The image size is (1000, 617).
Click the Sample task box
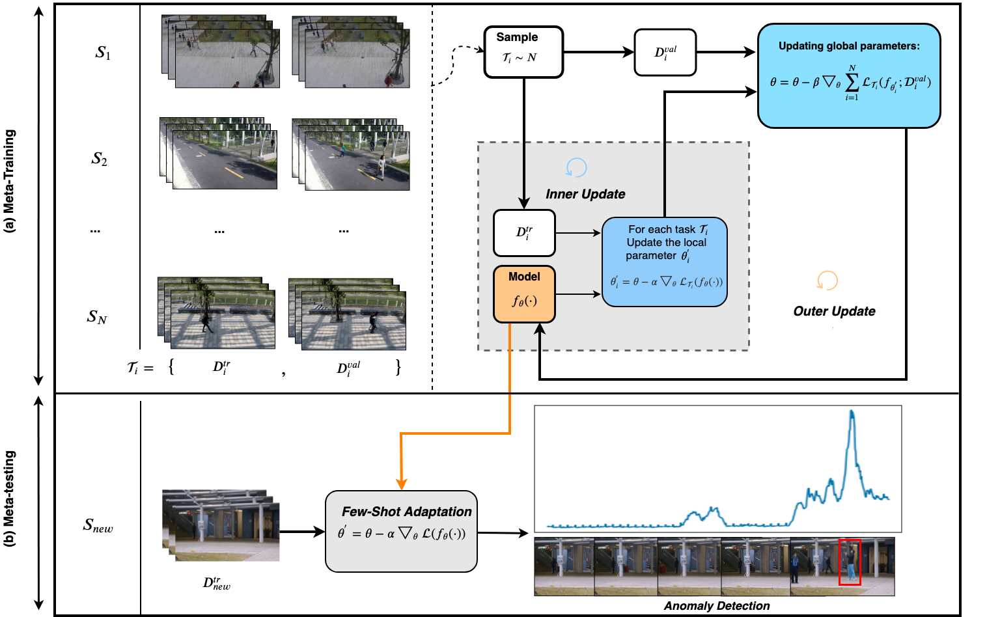pyautogui.click(x=523, y=52)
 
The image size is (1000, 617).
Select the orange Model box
pyautogui.click(x=524, y=294)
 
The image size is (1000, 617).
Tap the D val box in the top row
pyautogui.click(x=665, y=52)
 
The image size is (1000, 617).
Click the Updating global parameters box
pyautogui.click(x=848, y=75)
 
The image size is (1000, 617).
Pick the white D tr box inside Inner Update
pyautogui.click(x=524, y=233)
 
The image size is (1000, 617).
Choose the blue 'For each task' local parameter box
pyautogui.click(x=664, y=262)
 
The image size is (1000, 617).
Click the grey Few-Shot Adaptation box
pyautogui.click(x=401, y=531)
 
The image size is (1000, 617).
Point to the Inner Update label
pyautogui.click(x=585, y=194)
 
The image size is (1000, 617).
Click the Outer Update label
pyautogui.click(x=833, y=311)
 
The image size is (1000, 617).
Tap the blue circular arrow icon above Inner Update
pyautogui.click(x=576, y=168)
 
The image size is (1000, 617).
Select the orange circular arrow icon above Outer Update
pyautogui.click(x=827, y=281)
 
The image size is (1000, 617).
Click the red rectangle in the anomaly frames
pyautogui.click(x=850, y=562)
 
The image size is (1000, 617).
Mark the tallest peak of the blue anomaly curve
pyautogui.click(x=852, y=413)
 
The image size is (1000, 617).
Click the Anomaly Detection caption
pyautogui.click(x=716, y=606)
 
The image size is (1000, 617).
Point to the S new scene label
pyautogui.click(x=98, y=525)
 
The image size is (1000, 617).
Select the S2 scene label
pyautogui.click(x=99, y=159)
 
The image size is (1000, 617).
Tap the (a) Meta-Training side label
pyautogui.click(x=10, y=181)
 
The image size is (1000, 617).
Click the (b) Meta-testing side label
pyautogui.click(x=10, y=498)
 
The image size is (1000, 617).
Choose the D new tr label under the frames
pyautogui.click(x=216, y=583)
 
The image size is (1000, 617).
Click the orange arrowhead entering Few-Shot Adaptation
pyautogui.click(x=402, y=484)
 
